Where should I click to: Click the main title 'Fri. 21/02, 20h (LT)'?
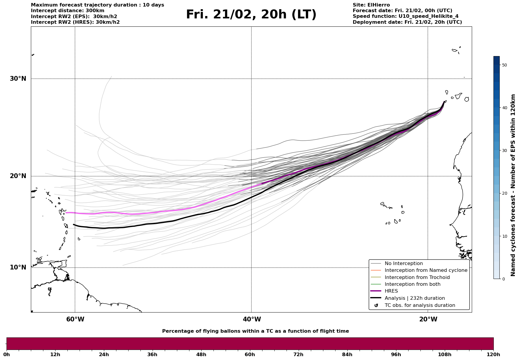tap(251, 15)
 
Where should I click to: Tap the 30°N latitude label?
tap(18, 79)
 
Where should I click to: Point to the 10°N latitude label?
tap(18, 267)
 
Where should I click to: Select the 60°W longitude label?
tap(75, 319)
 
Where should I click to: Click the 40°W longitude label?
tap(252, 319)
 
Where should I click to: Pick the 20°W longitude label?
tap(428, 319)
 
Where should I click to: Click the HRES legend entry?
tap(391, 291)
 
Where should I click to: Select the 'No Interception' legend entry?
tap(404, 264)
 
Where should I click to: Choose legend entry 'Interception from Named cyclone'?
tap(426, 270)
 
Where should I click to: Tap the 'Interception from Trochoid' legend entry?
tap(417, 277)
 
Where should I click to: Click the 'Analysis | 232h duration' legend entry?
tap(414, 298)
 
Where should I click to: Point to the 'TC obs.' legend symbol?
tap(376, 305)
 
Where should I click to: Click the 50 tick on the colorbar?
tap(504, 65)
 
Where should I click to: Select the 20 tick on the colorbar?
tap(504, 194)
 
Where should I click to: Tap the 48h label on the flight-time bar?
tap(201, 354)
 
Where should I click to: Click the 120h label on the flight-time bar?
tap(493, 354)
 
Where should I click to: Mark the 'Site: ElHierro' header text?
tap(371, 5)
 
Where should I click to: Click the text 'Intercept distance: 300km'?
tap(67, 11)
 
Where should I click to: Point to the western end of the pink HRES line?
tap(66, 213)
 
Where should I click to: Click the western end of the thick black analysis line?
tap(74, 225)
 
